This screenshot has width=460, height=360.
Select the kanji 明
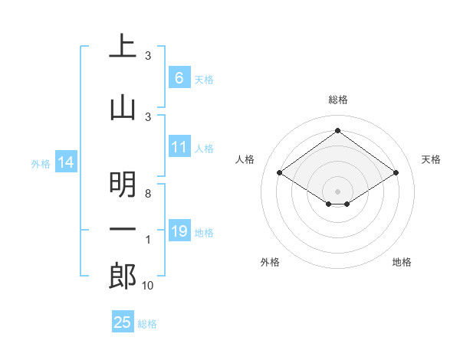(x=123, y=184)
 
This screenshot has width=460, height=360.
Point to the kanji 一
(x=123, y=230)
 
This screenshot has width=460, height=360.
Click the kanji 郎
(x=123, y=276)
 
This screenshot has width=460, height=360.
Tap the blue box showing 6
(x=179, y=77)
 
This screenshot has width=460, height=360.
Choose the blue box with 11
(x=179, y=147)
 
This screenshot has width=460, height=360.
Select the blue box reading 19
(x=179, y=231)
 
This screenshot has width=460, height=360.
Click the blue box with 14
(x=65, y=162)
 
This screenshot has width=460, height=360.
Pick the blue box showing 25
(x=123, y=322)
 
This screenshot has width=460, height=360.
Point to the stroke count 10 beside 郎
(x=147, y=286)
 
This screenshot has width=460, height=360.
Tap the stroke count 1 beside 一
(x=147, y=240)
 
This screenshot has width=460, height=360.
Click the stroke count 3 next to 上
(x=147, y=56)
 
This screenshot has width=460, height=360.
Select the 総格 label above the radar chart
(x=337, y=100)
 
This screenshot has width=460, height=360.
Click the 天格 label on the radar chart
(x=431, y=159)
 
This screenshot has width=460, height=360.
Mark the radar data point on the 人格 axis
(x=280, y=173)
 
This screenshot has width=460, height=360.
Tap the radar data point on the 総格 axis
(x=337, y=130)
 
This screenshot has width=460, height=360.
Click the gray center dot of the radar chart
(x=337, y=190)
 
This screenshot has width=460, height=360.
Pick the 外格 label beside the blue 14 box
(x=41, y=163)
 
